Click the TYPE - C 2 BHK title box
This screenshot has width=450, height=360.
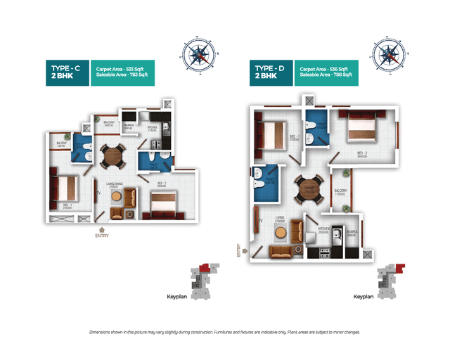(x=67, y=72)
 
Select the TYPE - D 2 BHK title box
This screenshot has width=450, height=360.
(x=271, y=72)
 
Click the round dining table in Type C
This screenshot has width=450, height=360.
(x=112, y=155)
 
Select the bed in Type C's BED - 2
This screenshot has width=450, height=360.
(x=166, y=205)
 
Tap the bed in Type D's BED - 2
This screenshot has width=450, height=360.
(x=359, y=128)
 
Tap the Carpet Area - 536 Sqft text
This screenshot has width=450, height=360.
(x=324, y=69)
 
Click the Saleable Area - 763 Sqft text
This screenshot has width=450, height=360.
(x=123, y=75)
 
